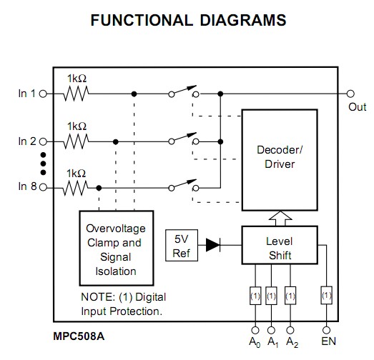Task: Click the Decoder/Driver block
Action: pos(279,158)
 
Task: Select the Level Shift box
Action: pos(279,247)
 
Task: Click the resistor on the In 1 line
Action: pos(76,93)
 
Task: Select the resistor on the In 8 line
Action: pos(76,188)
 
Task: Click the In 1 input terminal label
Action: pos(26,93)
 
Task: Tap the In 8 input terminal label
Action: pos(26,188)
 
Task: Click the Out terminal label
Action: pos(357,107)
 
